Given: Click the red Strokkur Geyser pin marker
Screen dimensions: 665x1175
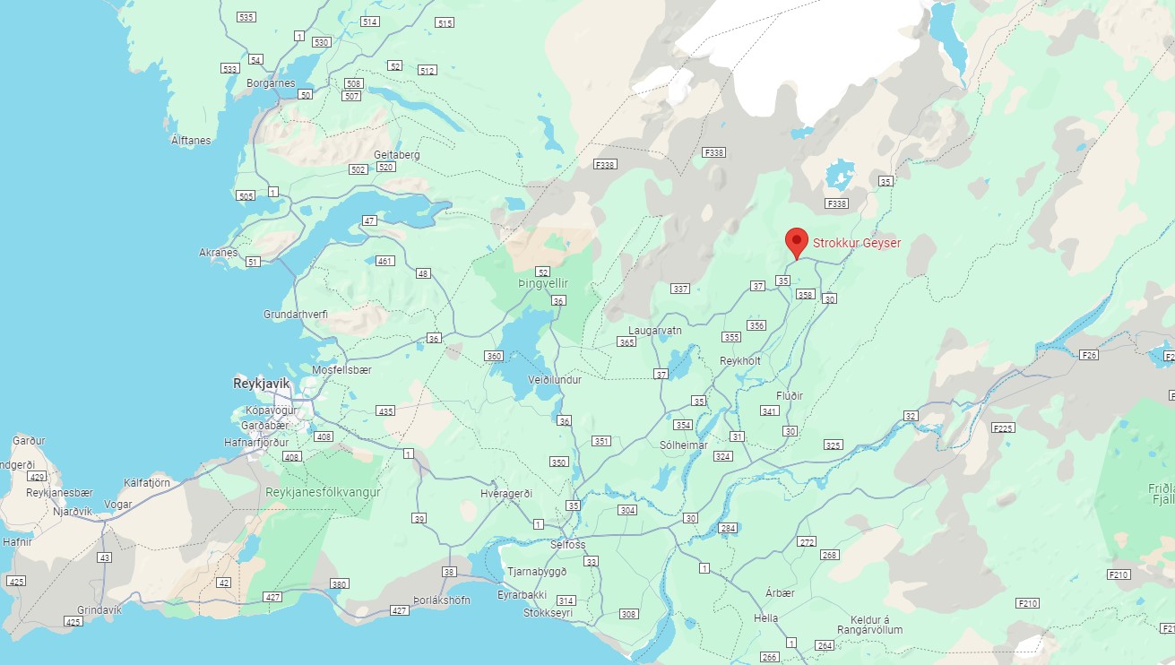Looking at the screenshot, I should pyautogui.click(x=796, y=241).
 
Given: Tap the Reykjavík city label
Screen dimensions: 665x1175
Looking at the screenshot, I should pyautogui.click(x=262, y=383).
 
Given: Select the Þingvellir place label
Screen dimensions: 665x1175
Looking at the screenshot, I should pyautogui.click(x=543, y=283).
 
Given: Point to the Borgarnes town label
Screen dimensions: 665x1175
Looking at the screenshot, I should pyautogui.click(x=270, y=83).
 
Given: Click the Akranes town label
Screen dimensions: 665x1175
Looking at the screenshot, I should pyautogui.click(x=219, y=252).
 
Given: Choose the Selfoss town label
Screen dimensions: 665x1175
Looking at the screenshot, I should pyautogui.click(x=567, y=544).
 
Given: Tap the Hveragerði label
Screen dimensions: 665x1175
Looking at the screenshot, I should pyautogui.click(x=506, y=494).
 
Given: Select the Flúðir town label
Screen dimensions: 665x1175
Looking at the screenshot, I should pyautogui.click(x=789, y=395).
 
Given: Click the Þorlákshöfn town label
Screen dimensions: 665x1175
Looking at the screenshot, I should pyautogui.click(x=442, y=600).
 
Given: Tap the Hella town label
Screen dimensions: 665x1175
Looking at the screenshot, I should pyautogui.click(x=765, y=618).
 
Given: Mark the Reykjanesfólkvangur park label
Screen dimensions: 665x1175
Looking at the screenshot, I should pyautogui.click(x=323, y=492).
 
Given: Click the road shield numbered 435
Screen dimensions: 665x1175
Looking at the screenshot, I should pyautogui.click(x=385, y=410).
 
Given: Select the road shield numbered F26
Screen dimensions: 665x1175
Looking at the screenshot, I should pyautogui.click(x=1089, y=355).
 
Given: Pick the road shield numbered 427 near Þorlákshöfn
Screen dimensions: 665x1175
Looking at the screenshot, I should pyautogui.click(x=399, y=611).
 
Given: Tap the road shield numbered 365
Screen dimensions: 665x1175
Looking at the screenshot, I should pyautogui.click(x=626, y=342).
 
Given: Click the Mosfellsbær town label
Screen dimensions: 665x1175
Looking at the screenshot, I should pyautogui.click(x=341, y=369).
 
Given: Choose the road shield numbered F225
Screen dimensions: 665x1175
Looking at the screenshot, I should pyautogui.click(x=1003, y=428).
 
